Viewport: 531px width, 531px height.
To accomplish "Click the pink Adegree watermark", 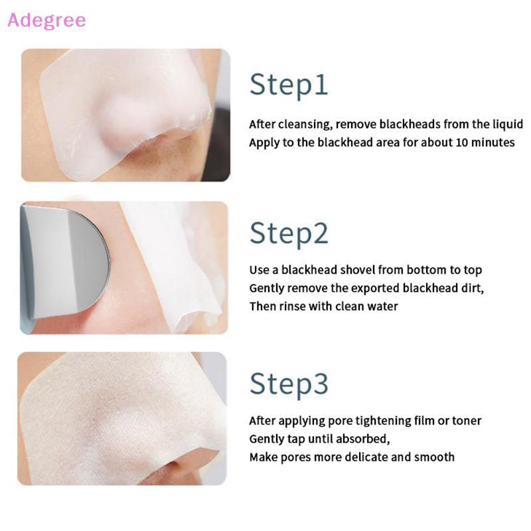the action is coord(46,20).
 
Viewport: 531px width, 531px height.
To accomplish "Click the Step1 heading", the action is coord(289,85).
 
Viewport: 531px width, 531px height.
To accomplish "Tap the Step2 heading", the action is coord(289,234).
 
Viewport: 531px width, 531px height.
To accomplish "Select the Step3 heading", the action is coord(289,384).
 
